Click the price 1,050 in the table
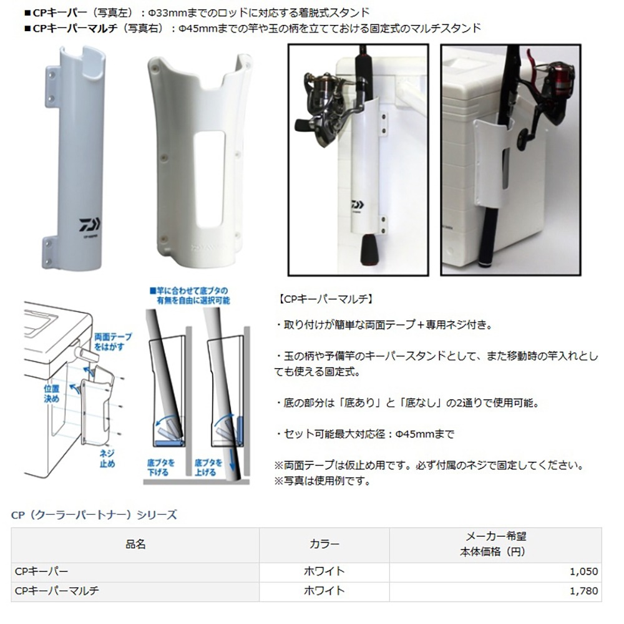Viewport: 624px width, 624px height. pyautogui.click(x=585, y=571)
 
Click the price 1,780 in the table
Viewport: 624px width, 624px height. pyautogui.click(x=585, y=590)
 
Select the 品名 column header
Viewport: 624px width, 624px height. pyautogui.click(x=135, y=544)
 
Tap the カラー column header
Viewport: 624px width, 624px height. pyautogui.click(x=324, y=544)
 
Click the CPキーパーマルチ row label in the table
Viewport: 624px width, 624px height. pyautogui.click(x=57, y=590)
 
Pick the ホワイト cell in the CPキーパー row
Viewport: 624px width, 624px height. pyautogui.click(x=324, y=571)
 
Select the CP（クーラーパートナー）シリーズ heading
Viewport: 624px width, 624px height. pyautogui.click(x=94, y=515)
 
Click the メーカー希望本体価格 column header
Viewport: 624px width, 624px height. pyautogui.click(x=496, y=544)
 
